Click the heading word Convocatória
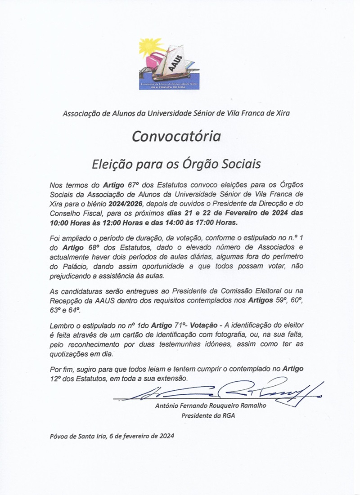(x=176, y=136)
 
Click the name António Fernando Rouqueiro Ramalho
(x=210, y=406)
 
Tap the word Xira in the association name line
(x=281, y=113)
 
